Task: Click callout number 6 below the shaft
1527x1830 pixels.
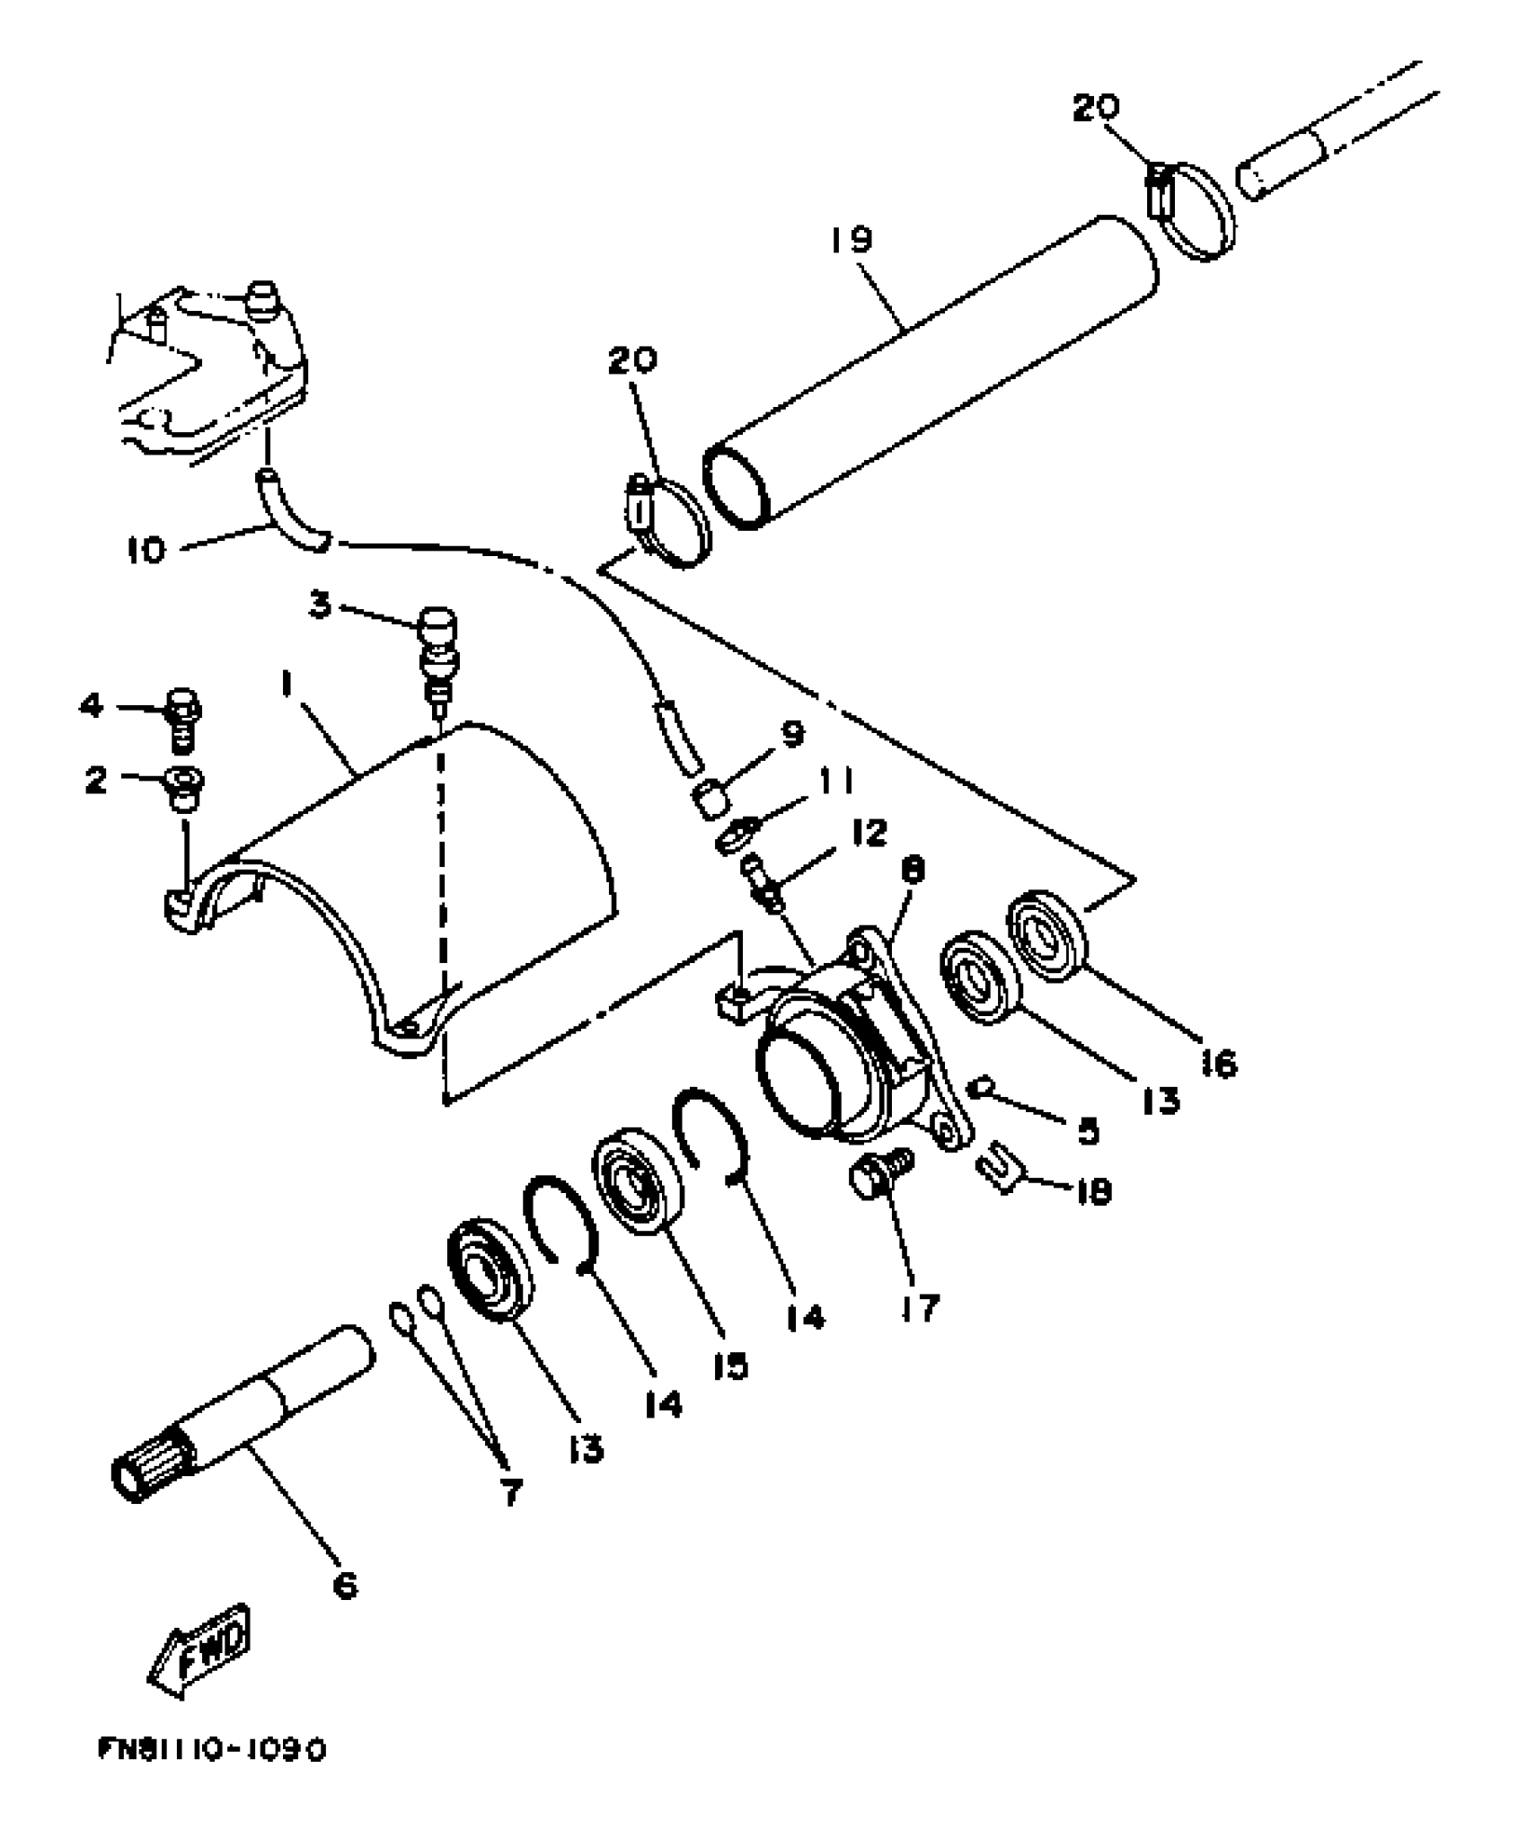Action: [x=344, y=1586]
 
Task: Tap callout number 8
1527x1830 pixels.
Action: [x=913, y=870]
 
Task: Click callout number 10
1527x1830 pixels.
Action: [x=146, y=548]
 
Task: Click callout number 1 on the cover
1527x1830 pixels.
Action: [x=287, y=685]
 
